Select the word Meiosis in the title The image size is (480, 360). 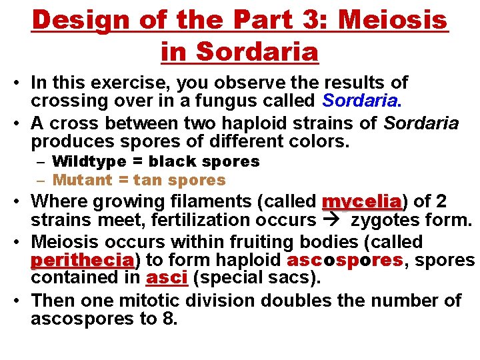coord(393,20)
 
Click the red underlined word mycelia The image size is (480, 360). coord(361,201)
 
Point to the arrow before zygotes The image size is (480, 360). coord(334,220)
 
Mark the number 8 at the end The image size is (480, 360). coord(168,319)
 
